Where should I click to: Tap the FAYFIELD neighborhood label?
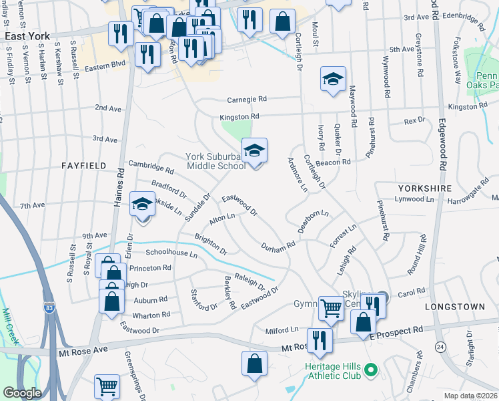[85, 164]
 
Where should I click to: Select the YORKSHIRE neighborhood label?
[425, 189]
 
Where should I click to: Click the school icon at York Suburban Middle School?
[254, 152]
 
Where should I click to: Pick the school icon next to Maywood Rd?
[332, 80]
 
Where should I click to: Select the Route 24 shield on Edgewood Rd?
[439, 347]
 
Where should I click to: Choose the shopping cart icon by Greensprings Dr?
[107, 387]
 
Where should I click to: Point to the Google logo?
[22, 392]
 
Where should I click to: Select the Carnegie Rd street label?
[247, 99]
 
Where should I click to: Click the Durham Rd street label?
[278, 247]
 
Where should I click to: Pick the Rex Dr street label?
[414, 120]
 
